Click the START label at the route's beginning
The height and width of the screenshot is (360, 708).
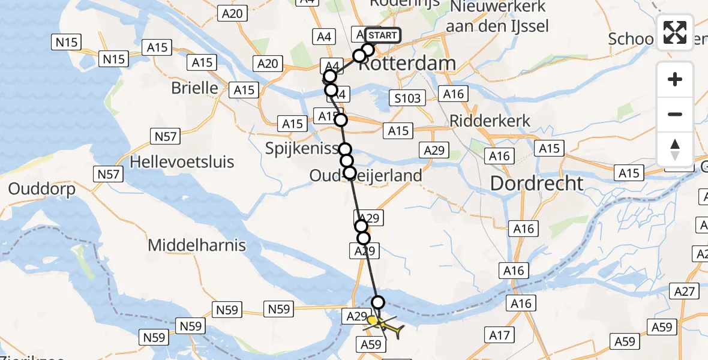382,35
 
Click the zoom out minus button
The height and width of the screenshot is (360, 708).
675,114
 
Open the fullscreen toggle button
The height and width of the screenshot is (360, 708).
675,32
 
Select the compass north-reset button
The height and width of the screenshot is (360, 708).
675,149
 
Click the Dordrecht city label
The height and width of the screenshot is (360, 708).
537,183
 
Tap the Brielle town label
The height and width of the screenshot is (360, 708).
194,88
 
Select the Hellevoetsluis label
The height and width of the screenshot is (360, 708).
182,162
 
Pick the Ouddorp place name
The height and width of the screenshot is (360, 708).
42,190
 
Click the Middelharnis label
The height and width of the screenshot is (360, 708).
197,245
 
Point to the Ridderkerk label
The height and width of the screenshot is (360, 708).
491,121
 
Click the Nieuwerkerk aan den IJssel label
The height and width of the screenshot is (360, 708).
497,16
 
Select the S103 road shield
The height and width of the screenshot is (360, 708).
407,97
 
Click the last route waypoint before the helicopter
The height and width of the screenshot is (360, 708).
378,302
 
